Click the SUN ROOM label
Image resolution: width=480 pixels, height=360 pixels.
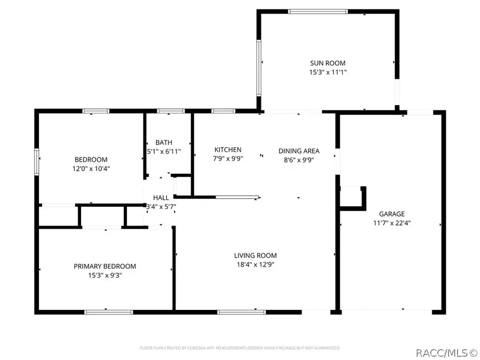(328, 63)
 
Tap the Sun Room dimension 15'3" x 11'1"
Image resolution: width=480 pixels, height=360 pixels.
(328, 72)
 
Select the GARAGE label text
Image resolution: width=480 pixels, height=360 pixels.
(392, 214)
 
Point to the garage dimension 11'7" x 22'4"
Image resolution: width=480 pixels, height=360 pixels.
(392, 223)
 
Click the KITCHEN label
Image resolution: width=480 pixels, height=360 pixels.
(228, 150)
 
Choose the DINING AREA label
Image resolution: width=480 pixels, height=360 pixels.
(299, 151)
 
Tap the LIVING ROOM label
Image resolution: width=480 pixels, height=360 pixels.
(255, 255)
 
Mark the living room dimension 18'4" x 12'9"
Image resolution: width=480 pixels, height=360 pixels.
(255, 265)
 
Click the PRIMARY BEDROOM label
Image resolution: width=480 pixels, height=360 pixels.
(105, 266)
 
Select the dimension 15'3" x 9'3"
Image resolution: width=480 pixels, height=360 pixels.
(105, 275)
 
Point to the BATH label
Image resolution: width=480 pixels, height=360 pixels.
(164, 142)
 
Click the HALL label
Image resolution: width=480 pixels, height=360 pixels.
(161, 197)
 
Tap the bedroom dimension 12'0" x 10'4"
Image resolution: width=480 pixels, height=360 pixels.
(91, 169)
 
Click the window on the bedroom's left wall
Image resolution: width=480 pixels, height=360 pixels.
(37, 162)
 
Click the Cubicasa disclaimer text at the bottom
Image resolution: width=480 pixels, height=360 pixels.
(240, 348)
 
